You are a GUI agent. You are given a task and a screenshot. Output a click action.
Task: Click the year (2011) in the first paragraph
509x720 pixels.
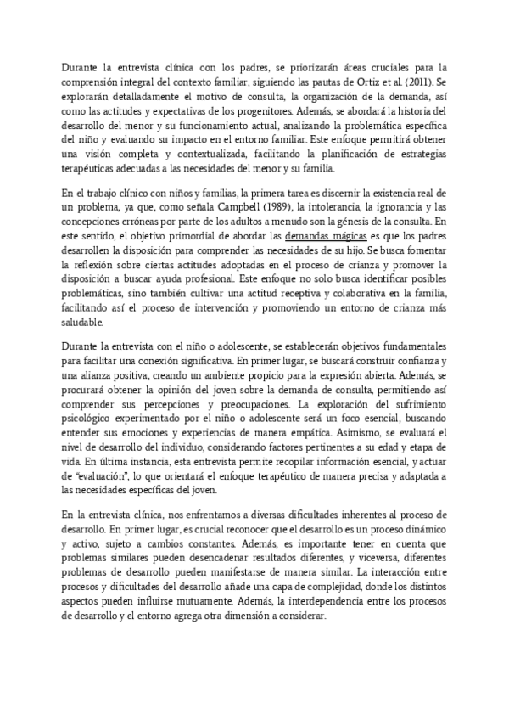coord(422,82)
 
